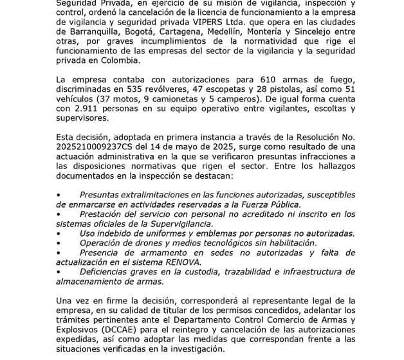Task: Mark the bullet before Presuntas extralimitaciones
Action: [x=59, y=194]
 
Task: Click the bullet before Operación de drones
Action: [x=59, y=243]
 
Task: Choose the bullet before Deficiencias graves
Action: [x=59, y=273]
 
